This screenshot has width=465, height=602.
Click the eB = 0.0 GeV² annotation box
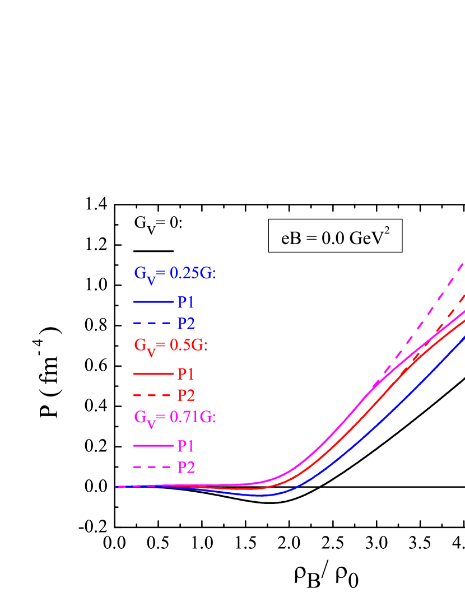[335, 236]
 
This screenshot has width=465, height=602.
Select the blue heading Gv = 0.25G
[175, 273]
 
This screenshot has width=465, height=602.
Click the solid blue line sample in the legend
[154, 302]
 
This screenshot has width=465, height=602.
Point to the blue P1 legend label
[186, 302]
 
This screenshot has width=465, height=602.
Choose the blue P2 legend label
[186, 324]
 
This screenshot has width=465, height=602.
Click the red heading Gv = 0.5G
[170, 346]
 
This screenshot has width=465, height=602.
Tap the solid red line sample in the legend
[154, 374]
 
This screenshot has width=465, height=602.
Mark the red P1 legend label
[186, 374]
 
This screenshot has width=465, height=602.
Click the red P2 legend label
[186, 395]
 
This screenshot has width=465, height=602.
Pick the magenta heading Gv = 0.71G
[175, 417]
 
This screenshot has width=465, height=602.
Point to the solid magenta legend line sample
[154, 446]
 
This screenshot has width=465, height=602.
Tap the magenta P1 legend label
[186, 446]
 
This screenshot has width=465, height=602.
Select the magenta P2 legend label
[186, 468]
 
